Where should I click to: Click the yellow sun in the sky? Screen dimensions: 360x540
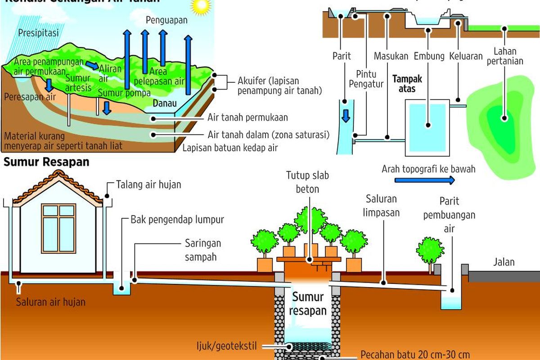[x=200, y=6]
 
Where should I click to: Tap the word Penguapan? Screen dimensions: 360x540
[x=166, y=21]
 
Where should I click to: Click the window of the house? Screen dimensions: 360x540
[x=58, y=228]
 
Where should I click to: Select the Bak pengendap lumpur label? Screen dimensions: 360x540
[x=177, y=220]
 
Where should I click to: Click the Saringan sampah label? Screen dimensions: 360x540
[x=203, y=250]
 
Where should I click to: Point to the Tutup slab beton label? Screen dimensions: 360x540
[x=307, y=182]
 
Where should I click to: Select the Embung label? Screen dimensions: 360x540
[x=428, y=57]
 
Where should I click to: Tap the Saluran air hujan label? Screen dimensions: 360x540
[x=51, y=301]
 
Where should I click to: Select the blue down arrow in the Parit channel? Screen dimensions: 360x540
[x=346, y=115]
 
